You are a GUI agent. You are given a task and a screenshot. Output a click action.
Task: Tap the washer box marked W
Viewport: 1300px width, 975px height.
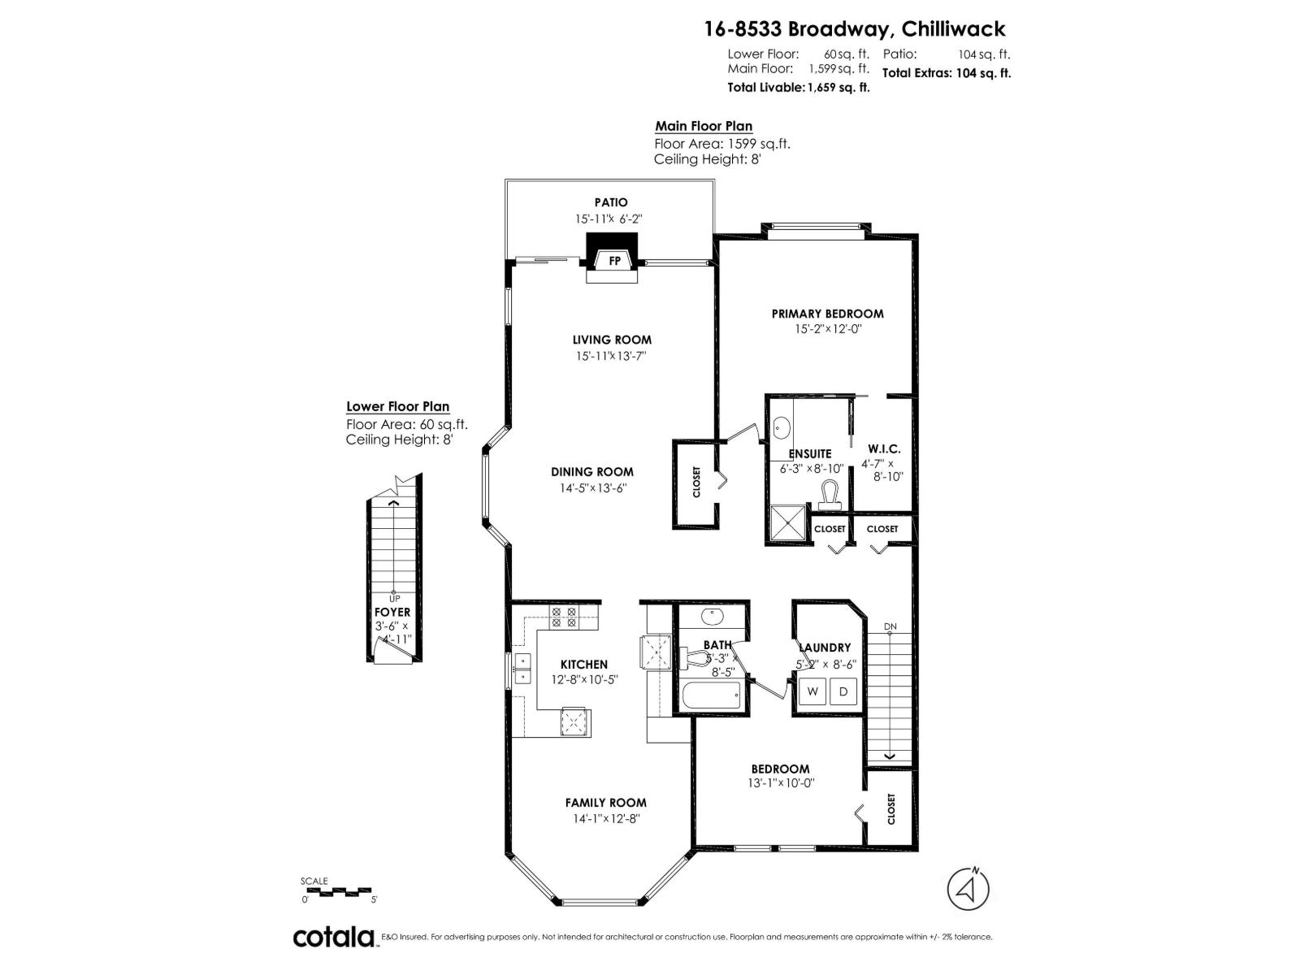(x=812, y=691)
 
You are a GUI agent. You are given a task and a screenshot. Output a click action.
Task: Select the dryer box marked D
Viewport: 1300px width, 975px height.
(x=843, y=691)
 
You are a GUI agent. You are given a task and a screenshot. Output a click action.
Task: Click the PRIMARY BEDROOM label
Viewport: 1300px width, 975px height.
(x=827, y=314)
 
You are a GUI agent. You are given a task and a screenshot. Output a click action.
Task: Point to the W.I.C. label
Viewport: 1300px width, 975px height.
(x=883, y=448)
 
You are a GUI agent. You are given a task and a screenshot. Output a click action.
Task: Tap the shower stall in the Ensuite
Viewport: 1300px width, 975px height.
(x=786, y=522)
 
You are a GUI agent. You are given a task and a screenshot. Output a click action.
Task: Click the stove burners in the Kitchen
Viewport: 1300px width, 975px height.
(x=563, y=617)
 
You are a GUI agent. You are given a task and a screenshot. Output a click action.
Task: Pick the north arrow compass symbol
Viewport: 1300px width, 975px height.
(x=968, y=890)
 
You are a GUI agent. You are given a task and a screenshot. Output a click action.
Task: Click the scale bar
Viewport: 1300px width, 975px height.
(x=339, y=891)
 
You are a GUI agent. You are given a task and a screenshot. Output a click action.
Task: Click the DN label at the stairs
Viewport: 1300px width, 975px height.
(x=890, y=626)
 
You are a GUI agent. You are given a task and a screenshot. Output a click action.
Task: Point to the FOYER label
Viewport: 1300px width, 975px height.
(x=392, y=612)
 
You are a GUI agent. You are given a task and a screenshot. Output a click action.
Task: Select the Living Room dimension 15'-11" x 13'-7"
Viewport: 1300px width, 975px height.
(x=611, y=356)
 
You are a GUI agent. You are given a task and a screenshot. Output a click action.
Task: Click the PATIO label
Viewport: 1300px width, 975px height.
(x=611, y=202)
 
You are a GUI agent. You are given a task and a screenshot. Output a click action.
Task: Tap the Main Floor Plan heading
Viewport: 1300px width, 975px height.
(x=704, y=126)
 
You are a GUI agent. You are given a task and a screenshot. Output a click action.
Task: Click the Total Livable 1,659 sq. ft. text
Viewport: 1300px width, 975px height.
(x=798, y=87)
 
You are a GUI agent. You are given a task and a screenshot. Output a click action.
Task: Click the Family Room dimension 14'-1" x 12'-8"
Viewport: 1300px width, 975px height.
(x=605, y=819)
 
